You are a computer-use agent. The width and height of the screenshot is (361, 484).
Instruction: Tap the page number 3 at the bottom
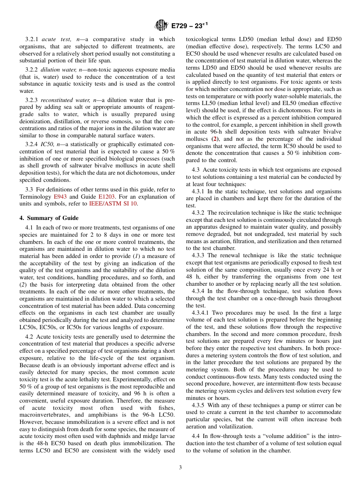180,468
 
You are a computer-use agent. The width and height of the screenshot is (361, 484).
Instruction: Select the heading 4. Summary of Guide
49,218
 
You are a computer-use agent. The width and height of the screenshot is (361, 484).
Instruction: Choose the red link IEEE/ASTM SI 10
113,204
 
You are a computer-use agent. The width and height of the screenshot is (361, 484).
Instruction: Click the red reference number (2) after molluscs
215,139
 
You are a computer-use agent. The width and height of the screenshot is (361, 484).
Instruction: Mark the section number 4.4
196,436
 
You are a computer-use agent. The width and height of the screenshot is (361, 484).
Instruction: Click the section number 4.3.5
200,405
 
